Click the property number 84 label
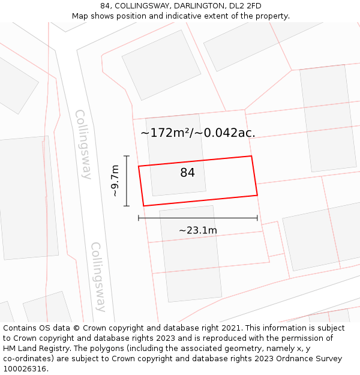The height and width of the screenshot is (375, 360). [x=187, y=173]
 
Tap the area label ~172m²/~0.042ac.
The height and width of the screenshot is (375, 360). [x=197, y=133]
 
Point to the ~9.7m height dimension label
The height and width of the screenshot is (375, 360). [x=115, y=181]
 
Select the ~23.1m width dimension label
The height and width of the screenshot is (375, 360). [x=197, y=230]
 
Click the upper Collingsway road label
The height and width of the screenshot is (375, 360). [x=83, y=144]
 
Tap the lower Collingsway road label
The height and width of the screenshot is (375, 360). [x=98, y=277]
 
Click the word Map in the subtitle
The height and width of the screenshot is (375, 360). [x=80, y=16]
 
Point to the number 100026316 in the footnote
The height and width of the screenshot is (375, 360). [x=25, y=369]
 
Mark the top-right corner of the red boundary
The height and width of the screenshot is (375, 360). [x=251, y=156]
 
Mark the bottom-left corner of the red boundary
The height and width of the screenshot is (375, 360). [x=143, y=206]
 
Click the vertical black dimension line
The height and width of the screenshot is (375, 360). [x=127, y=181]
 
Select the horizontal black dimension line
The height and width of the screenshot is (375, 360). [x=197, y=218]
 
